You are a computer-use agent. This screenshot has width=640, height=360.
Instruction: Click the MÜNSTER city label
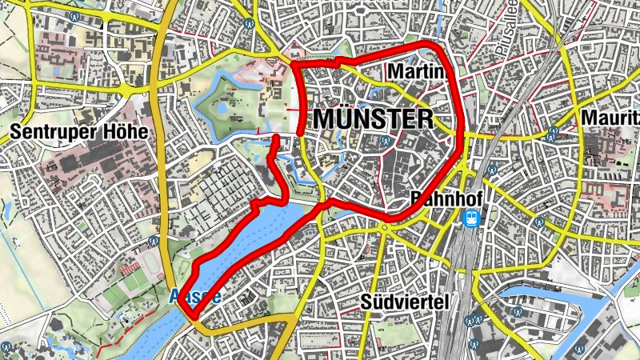coord(374,120)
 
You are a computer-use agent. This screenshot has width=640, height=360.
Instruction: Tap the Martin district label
coord(414,73)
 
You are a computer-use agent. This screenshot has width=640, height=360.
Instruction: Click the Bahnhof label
coord(438,198)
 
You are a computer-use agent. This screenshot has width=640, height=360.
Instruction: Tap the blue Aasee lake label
coord(195,297)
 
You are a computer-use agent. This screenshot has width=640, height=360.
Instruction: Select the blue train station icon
coord(473,218)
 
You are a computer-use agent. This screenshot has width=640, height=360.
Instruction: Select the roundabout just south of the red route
coord(385,227)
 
